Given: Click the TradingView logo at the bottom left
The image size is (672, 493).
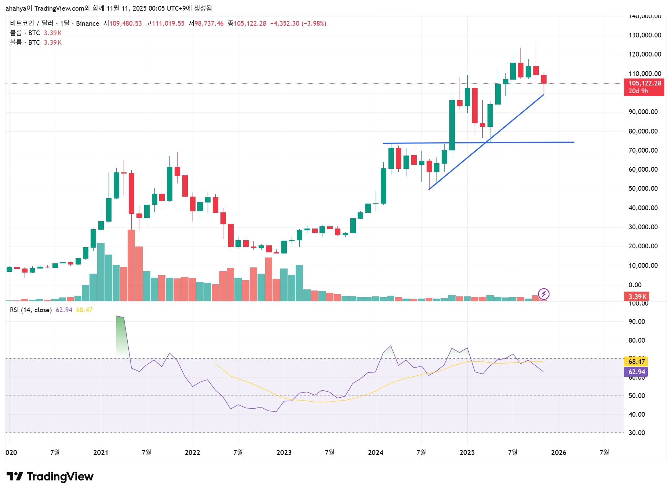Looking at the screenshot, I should coord(50,476).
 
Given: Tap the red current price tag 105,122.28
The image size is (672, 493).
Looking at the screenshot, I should coord(644,84).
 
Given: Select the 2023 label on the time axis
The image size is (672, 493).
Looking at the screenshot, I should coord(284,452).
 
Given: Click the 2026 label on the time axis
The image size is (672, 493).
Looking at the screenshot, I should coord(558,452).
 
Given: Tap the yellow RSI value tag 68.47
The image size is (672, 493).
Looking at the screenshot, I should coord(636,362).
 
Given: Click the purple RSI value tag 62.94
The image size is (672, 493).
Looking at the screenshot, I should coord(636,372).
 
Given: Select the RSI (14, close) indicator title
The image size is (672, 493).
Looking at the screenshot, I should coord(31,310).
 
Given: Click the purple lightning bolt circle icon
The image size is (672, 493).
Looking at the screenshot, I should coord(544,294).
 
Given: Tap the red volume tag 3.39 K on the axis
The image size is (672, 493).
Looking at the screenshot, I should coord(637,296).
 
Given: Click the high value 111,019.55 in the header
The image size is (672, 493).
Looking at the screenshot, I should coord(168,23).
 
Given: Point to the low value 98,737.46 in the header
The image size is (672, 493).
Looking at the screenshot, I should coord(209,23).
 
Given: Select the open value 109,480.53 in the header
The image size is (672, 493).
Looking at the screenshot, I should coord(125,23).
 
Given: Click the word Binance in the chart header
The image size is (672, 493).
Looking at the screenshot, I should coord(88,23).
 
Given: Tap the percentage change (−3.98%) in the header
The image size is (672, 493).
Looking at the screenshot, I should coord(314,23).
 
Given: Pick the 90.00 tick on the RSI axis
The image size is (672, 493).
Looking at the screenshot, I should coord(636,322).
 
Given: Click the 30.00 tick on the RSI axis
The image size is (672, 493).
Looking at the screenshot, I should coord(636,433).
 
